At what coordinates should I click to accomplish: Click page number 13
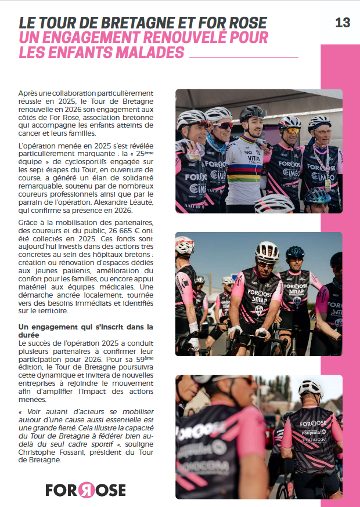[x=343, y=23]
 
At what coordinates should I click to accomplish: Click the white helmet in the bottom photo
[x=310, y=388]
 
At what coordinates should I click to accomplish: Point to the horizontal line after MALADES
[x=244, y=57]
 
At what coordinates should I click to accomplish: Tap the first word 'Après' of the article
[x=28, y=93]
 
